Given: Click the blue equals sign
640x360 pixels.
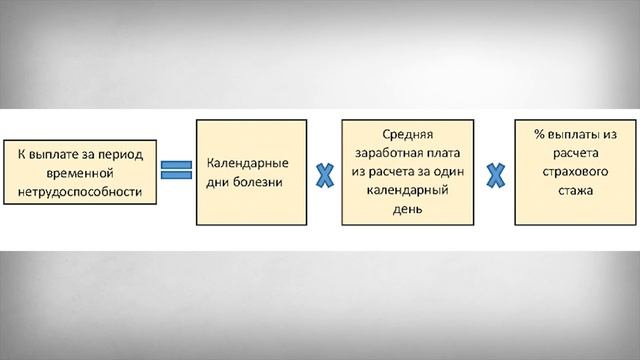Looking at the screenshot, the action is point(177,169).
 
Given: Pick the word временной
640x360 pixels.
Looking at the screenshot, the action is point(80,171).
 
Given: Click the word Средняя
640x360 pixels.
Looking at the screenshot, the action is point(405,133).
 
